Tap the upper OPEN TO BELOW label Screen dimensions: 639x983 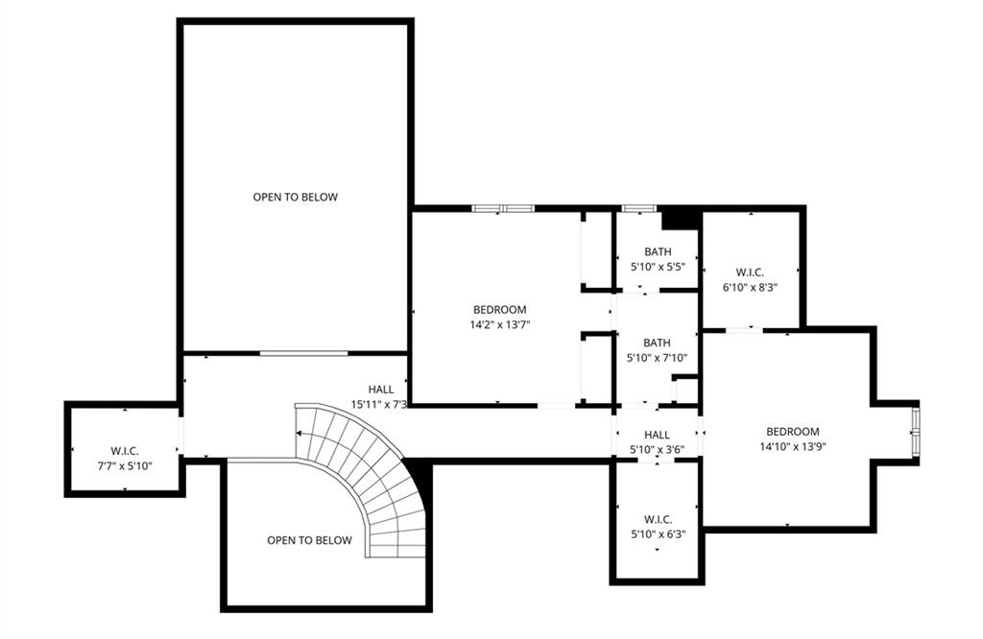point(295,197)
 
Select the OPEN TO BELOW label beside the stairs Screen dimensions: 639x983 point(309,540)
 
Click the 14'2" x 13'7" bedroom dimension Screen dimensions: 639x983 point(499,325)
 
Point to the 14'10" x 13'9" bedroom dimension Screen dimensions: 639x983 point(792,447)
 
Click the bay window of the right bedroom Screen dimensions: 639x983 point(915,430)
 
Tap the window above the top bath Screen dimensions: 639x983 point(637,208)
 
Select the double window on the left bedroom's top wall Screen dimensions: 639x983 point(502,208)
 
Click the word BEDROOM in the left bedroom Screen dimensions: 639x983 point(499,310)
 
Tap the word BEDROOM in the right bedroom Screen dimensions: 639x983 point(792,432)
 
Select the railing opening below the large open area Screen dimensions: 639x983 point(303,353)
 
